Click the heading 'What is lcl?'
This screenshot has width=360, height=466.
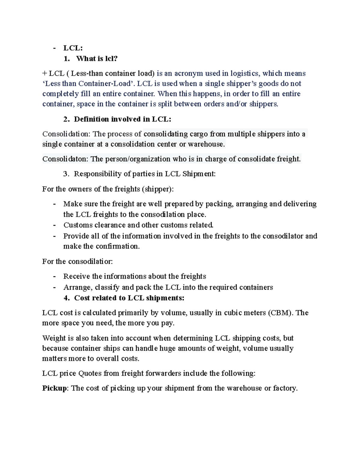coord(97,59)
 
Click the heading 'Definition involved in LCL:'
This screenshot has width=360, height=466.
coord(122,119)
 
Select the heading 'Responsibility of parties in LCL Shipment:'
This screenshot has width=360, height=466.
coord(145,174)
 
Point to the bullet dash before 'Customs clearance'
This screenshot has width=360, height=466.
coord(54,225)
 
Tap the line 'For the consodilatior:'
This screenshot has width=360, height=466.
coord(77,262)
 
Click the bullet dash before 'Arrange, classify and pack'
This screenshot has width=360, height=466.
coord(54,287)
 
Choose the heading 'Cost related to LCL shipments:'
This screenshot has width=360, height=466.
coord(129,298)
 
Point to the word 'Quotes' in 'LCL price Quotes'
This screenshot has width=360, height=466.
coord(90,374)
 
